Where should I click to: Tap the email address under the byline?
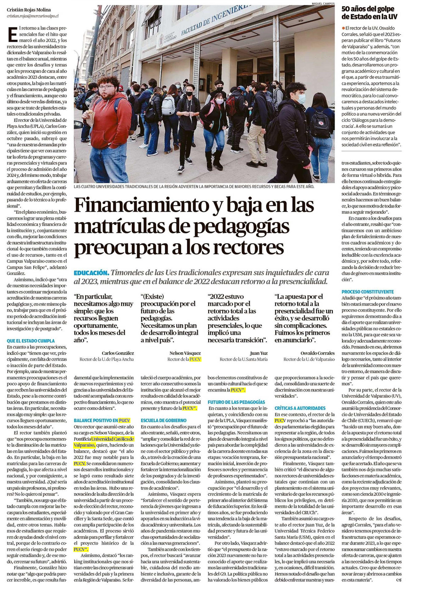click(32, 16)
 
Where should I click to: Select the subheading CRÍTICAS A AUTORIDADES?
click(300, 408)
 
